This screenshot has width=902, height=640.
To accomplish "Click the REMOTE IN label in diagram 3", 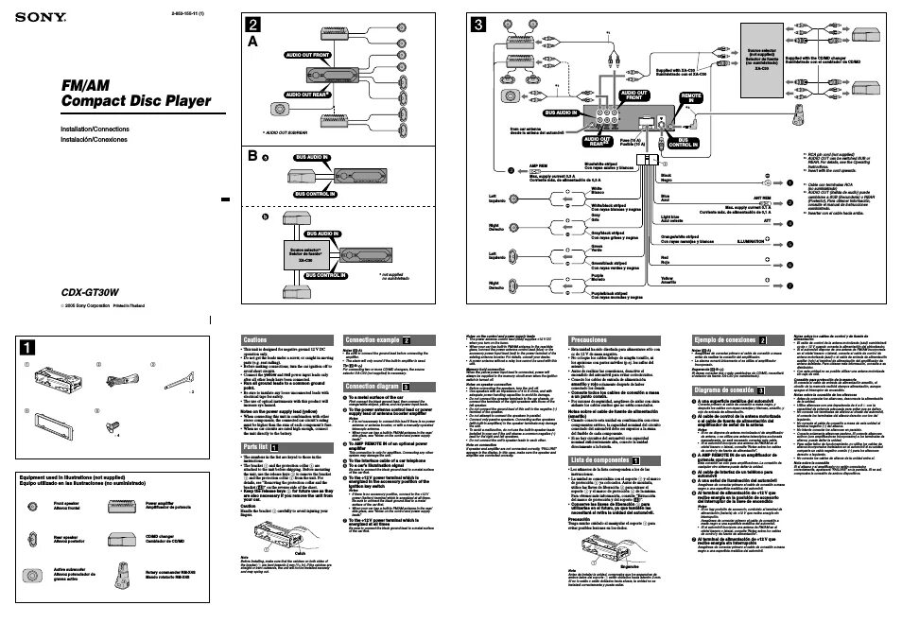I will click(x=692, y=98).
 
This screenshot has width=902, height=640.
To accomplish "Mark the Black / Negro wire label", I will click(x=666, y=177).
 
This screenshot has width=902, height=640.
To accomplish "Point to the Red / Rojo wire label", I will click(x=664, y=259).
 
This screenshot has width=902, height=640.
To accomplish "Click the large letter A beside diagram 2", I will click(x=252, y=43).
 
